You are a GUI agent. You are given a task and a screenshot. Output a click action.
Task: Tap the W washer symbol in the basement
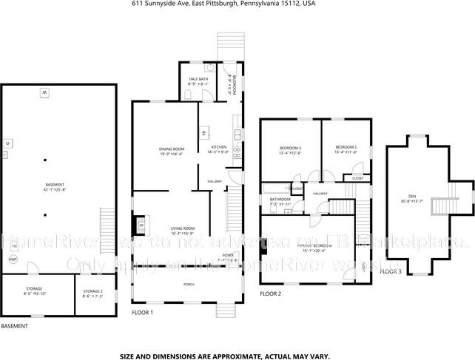pos(44,92)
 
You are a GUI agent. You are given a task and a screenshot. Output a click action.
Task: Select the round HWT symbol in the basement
pos(12,259)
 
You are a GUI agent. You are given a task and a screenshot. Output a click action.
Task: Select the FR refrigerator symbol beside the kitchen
pos(203,133)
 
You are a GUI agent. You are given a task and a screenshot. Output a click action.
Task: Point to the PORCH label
pos(189,284)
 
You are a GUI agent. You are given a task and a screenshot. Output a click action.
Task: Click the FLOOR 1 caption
pos(142,313)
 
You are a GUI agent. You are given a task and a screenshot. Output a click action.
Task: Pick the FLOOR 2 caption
pos(270,294)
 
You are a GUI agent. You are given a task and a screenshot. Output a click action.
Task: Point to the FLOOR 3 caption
pos(390,272)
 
